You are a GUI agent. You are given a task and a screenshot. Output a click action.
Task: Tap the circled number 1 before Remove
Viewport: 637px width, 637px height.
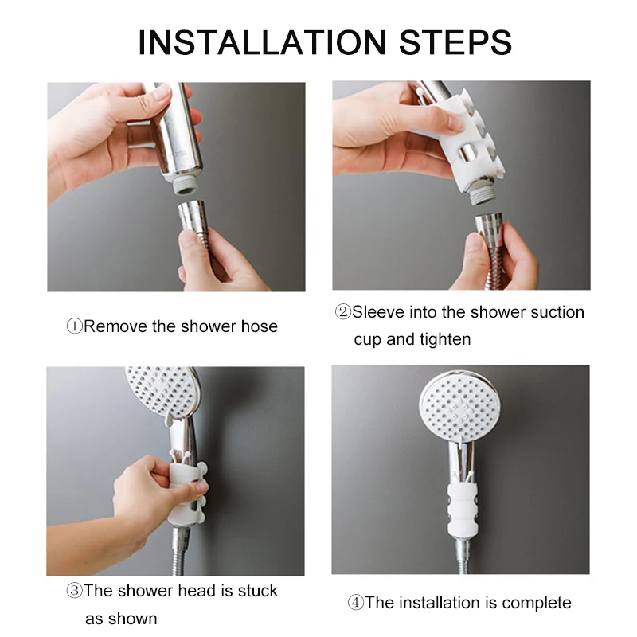click(74, 326)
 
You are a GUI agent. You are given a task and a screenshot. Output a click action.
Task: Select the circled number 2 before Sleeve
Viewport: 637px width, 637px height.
click(343, 312)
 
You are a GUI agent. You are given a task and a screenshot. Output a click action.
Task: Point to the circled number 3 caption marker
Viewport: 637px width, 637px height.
click(74, 591)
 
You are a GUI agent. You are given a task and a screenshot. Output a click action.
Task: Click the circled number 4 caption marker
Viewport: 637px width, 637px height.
click(355, 603)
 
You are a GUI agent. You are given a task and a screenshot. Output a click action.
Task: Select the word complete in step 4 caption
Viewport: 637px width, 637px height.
click(537, 603)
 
